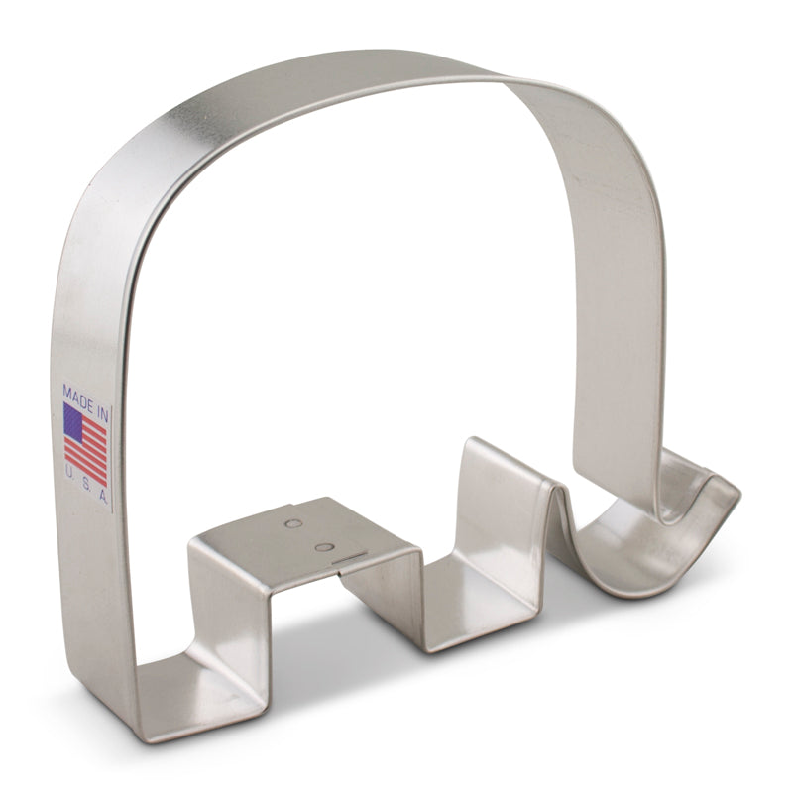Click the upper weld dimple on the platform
coord(293,522)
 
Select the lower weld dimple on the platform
coord(322,547)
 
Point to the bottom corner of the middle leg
coord(424,649)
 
